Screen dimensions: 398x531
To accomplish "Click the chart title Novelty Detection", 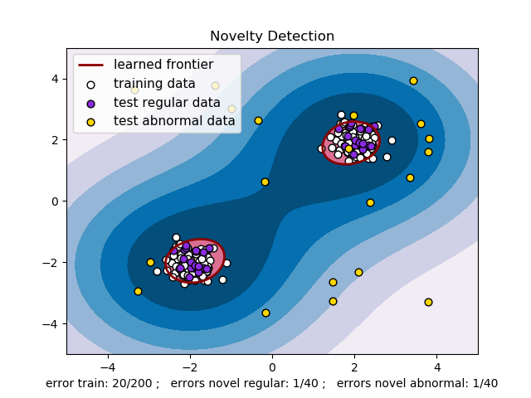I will point(272,36).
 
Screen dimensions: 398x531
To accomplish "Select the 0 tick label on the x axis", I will point(272,365).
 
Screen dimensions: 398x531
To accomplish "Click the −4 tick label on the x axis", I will point(107,365).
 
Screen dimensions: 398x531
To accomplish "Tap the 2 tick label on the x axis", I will point(354,365).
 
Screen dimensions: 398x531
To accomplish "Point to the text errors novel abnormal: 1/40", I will point(417,383).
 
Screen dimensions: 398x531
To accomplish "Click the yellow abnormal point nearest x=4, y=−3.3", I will point(428,302).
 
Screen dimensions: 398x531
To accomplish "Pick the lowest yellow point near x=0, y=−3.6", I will point(265,313).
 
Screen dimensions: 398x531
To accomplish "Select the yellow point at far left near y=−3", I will point(138,291).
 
